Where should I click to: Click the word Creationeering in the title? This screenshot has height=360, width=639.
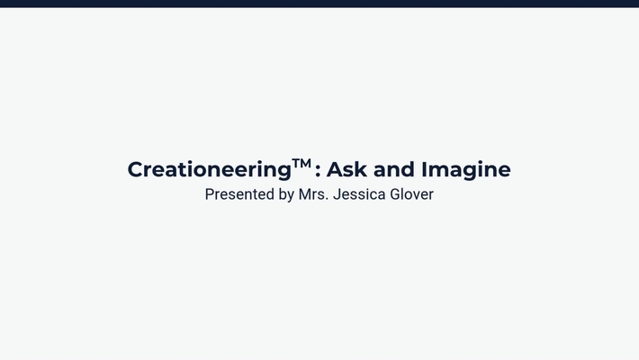(x=209, y=170)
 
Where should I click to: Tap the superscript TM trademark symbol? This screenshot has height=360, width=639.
(x=301, y=163)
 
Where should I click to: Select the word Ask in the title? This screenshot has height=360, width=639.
(x=345, y=169)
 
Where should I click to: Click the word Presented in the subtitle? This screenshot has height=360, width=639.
(x=240, y=194)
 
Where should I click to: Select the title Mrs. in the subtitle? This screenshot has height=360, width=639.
(x=313, y=194)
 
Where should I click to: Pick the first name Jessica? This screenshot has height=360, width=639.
(x=359, y=194)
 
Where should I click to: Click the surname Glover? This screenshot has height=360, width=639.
(x=411, y=194)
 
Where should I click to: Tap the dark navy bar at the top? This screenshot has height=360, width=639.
(x=319, y=4)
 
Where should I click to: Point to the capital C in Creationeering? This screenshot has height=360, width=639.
(x=135, y=169)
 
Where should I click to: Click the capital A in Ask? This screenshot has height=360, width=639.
(x=334, y=169)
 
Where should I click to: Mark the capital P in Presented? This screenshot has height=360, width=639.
(x=210, y=194)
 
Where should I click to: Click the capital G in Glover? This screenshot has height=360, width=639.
(x=395, y=194)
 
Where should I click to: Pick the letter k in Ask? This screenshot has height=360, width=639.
(x=357, y=169)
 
